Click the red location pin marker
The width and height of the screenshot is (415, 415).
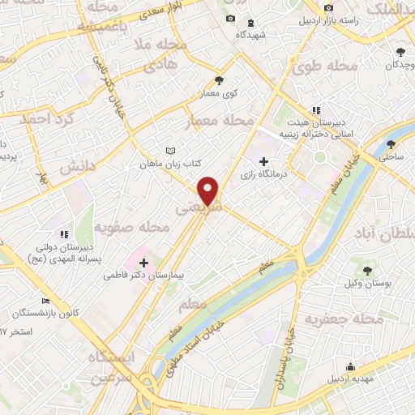coord(209,190)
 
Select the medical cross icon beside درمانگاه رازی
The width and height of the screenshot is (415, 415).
coord(263,161)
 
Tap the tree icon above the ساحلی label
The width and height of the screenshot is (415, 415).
coord(391,143)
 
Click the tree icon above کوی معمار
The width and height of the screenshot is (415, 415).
coord(219,80)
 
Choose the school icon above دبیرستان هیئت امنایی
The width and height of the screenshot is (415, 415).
coord(317,110)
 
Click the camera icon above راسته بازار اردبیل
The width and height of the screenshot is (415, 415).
coord(327,9)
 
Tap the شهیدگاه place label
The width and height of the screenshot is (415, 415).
coord(252,36)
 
